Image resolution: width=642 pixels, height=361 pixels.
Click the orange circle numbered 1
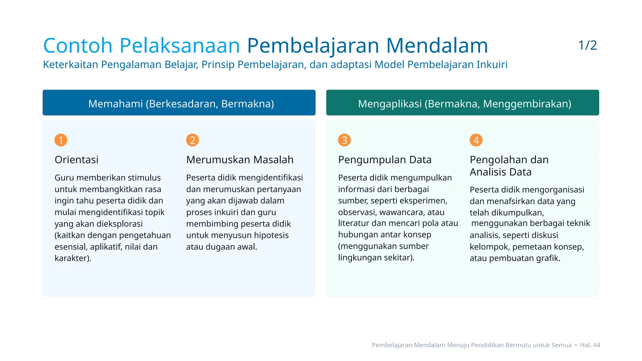coord(61,140)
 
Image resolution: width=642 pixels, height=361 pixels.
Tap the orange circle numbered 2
coord(192,140)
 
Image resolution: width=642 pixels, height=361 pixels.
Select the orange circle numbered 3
coord(344,140)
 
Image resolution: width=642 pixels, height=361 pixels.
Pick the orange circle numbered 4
coord(476,140)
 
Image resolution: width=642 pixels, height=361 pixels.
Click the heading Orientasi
coord(76,160)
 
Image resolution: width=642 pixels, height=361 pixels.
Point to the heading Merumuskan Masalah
coord(240,160)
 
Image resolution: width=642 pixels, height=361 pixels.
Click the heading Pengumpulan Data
coord(385,160)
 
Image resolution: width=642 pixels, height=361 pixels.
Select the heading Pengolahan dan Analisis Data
coord(509,166)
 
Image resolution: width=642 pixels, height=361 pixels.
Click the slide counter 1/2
coord(587,45)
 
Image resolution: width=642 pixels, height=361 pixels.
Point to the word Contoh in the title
coord(78,46)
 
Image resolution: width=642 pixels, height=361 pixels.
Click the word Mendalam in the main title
coord(437,46)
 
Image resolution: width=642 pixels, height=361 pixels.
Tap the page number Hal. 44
coord(590,345)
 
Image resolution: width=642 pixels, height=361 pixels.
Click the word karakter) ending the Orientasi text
coord(73,258)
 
